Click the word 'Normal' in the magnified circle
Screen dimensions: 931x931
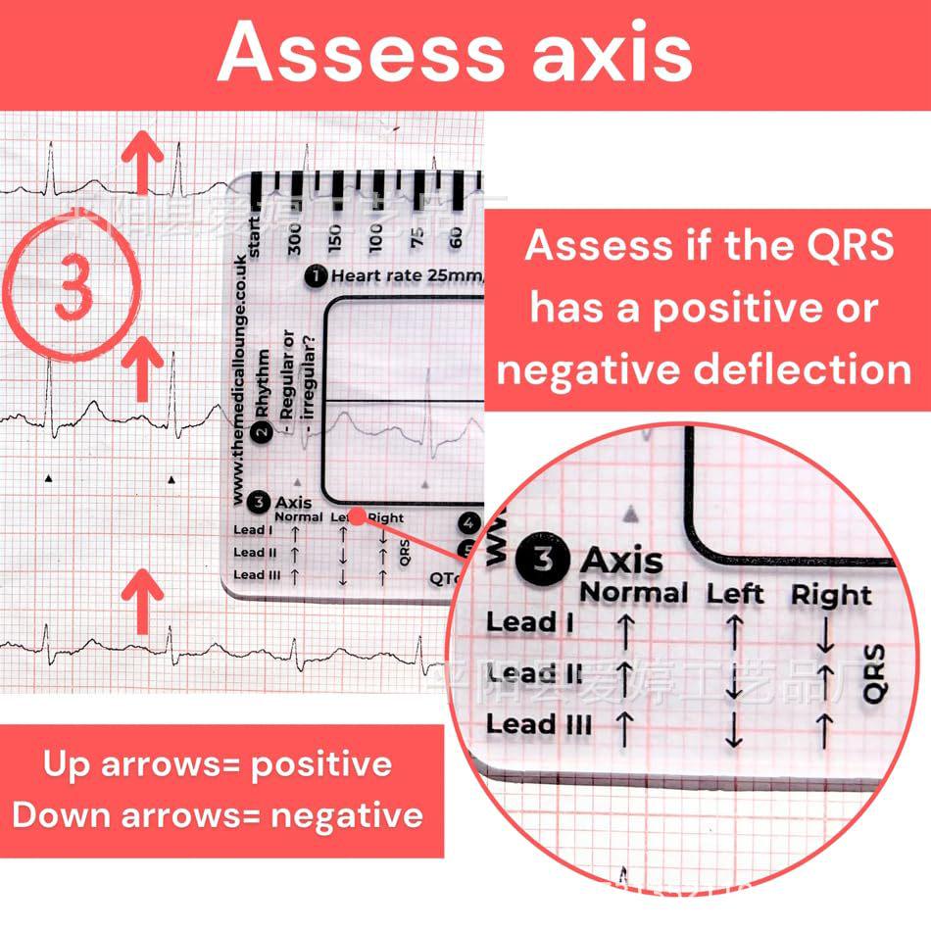[x=634, y=593]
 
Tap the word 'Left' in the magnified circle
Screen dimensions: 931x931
[x=735, y=594]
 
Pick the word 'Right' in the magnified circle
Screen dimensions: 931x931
[x=831, y=595]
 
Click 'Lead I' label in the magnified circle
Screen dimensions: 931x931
[x=528, y=622]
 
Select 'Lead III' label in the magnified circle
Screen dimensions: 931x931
[x=539, y=725]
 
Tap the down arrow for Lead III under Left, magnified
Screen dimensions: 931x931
[x=734, y=731]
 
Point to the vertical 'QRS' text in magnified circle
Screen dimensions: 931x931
[x=875, y=674]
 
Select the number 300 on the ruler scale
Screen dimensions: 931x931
[x=295, y=235]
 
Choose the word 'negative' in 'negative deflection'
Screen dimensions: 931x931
[x=598, y=370]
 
